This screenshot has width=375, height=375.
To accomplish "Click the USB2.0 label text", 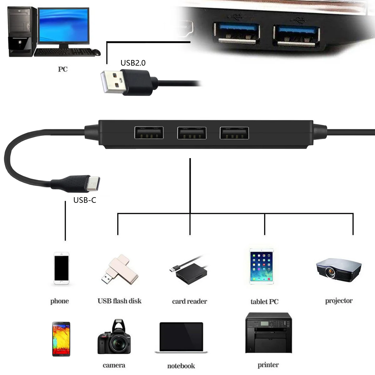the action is tap(133, 63).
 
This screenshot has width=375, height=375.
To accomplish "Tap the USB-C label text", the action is tap(85, 200).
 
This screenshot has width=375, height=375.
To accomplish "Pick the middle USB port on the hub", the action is tap(192, 133).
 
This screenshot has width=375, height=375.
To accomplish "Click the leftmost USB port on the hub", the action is tap(149, 133).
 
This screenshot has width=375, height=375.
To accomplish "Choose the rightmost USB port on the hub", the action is tap(234, 133).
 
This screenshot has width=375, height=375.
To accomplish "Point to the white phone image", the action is tap(61, 268).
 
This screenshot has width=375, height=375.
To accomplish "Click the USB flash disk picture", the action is tap(119, 269).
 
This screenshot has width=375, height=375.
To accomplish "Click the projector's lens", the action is tap(330, 272).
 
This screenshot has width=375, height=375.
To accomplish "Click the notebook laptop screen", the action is tap(181, 336).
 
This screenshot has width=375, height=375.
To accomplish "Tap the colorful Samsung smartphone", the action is tap(61, 339).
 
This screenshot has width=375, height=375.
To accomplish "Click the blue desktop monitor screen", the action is tap(64, 26).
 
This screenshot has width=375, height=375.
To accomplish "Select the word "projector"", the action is tap(339, 301).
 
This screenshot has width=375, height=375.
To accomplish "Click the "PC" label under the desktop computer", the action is tap(63, 69).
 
